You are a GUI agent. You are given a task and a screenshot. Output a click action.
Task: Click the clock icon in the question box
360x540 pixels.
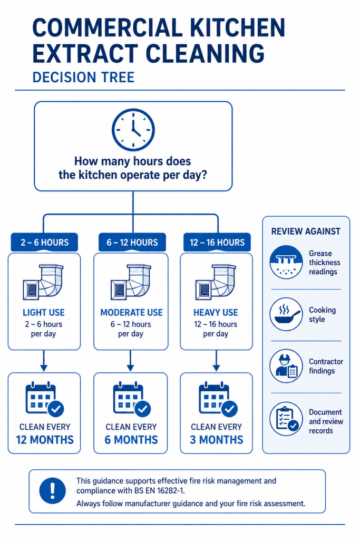click(133, 130)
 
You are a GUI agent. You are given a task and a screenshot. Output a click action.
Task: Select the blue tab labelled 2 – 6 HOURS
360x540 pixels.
click(44, 243)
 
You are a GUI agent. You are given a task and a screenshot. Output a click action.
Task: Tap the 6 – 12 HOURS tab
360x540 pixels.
click(132, 243)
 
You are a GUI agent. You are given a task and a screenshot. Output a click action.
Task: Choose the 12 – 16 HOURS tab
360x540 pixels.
click(217, 243)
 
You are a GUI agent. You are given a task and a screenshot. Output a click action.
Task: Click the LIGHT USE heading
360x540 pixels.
click(44, 313)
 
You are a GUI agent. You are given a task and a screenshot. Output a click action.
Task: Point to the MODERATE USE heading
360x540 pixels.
click(131, 313)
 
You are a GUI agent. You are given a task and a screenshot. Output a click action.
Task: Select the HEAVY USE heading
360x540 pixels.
click(216, 313)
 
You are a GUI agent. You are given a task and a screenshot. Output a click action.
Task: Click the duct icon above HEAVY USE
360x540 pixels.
click(216, 282)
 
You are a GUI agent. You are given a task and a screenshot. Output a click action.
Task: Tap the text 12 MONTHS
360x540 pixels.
click(45, 440)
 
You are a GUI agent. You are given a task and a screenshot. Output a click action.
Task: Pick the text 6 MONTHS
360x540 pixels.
click(131, 440)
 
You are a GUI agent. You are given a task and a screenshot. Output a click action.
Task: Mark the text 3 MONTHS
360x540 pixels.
click(217, 440)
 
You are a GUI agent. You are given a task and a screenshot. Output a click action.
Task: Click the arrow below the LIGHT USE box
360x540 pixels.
click(44, 361)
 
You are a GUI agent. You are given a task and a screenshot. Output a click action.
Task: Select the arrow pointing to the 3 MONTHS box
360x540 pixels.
click(216, 361)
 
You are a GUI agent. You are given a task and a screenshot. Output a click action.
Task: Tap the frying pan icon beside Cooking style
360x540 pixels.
click(286, 314)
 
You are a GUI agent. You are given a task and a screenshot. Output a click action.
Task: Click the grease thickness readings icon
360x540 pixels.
click(286, 262)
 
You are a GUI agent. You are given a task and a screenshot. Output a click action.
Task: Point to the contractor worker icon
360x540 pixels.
click(286, 366)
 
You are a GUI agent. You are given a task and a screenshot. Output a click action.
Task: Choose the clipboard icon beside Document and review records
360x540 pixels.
click(286, 419)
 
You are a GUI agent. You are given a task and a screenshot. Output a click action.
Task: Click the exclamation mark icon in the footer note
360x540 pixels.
click(52, 491)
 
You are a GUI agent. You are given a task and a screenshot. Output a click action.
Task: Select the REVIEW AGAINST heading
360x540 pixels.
click(306, 232)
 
